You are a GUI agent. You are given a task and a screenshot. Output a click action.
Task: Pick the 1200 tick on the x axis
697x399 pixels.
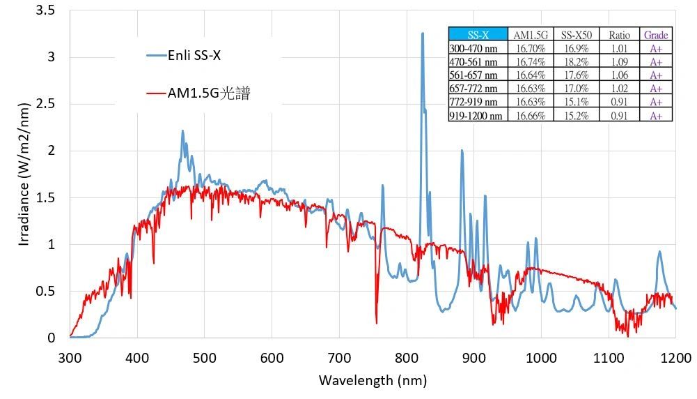[675, 358]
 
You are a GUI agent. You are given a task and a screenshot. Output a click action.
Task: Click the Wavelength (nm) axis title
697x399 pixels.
[373, 380]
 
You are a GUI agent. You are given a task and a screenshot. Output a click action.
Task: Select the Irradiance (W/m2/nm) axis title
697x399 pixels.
[24, 174]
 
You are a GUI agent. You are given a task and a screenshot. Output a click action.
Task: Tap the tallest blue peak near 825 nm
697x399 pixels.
[422, 33]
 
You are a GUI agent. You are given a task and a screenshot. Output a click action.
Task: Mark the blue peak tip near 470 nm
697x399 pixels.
[183, 130]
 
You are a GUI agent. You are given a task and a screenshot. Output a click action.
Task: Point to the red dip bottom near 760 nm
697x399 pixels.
[377, 323]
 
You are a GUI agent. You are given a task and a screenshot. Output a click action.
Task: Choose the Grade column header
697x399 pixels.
[656, 35]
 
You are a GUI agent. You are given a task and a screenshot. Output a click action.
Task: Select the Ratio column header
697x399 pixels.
[619, 35]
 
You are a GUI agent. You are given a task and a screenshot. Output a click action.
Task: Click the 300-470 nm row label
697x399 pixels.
[474, 49]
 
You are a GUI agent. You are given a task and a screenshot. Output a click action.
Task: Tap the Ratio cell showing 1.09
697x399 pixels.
[619, 62]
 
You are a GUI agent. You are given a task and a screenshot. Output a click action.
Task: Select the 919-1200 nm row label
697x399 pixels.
[476, 116]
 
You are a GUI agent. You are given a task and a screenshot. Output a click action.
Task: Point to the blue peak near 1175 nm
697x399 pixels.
[659, 252]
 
